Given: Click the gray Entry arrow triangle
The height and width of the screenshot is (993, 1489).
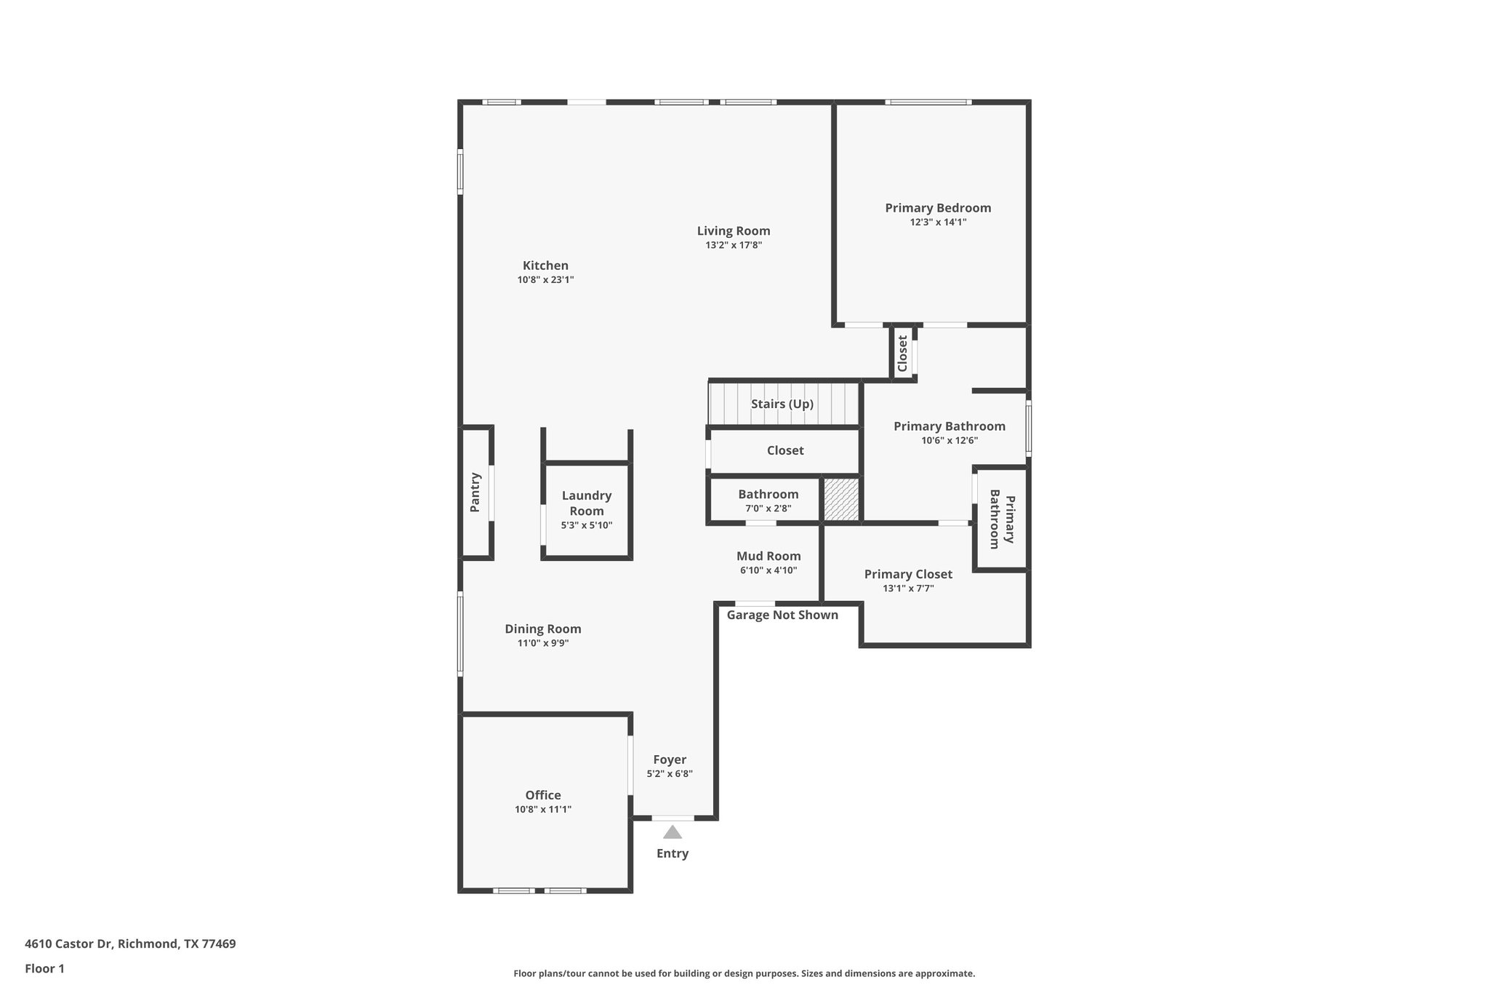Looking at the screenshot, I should pyautogui.click(x=673, y=832).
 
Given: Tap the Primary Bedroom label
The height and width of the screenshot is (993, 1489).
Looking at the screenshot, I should pyautogui.click(x=938, y=208).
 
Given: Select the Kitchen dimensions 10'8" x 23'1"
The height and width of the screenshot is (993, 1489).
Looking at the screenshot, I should pyautogui.click(x=545, y=280).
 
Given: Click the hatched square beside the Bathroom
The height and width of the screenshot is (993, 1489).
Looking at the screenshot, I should pyautogui.click(x=841, y=499).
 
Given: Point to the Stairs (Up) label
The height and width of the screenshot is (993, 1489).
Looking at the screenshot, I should pyautogui.click(x=782, y=404).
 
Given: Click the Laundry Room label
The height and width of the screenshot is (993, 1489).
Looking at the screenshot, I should pyautogui.click(x=587, y=503).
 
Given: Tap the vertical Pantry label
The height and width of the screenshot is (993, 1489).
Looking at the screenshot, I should pyautogui.click(x=475, y=492).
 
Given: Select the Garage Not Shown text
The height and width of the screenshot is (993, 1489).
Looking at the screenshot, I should pyautogui.click(x=782, y=615).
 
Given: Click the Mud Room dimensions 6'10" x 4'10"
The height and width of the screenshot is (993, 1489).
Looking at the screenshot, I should pyautogui.click(x=768, y=571).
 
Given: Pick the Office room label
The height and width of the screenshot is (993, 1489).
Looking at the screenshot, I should pyautogui.click(x=543, y=795).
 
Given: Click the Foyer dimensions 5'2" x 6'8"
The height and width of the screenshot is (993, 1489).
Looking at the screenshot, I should pyautogui.click(x=670, y=774).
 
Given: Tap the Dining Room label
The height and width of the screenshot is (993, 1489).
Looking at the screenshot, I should pyautogui.click(x=543, y=629).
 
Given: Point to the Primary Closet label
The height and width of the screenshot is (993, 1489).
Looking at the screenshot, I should pyautogui.click(x=908, y=575).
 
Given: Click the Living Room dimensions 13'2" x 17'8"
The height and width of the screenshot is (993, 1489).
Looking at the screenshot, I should pyautogui.click(x=734, y=246).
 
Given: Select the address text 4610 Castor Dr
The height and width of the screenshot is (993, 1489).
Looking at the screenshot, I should pyautogui.click(x=130, y=944).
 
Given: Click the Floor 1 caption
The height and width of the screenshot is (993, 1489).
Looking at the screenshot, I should pyautogui.click(x=44, y=968).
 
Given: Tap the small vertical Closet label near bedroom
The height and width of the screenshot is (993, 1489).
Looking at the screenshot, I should pyautogui.click(x=902, y=353).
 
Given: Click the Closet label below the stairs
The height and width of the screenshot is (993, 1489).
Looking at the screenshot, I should pyautogui.click(x=785, y=450).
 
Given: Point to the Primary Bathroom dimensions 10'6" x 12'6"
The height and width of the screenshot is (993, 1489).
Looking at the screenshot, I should pyautogui.click(x=950, y=441).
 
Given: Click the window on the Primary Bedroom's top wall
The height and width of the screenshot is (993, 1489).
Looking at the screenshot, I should pyautogui.click(x=928, y=102).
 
